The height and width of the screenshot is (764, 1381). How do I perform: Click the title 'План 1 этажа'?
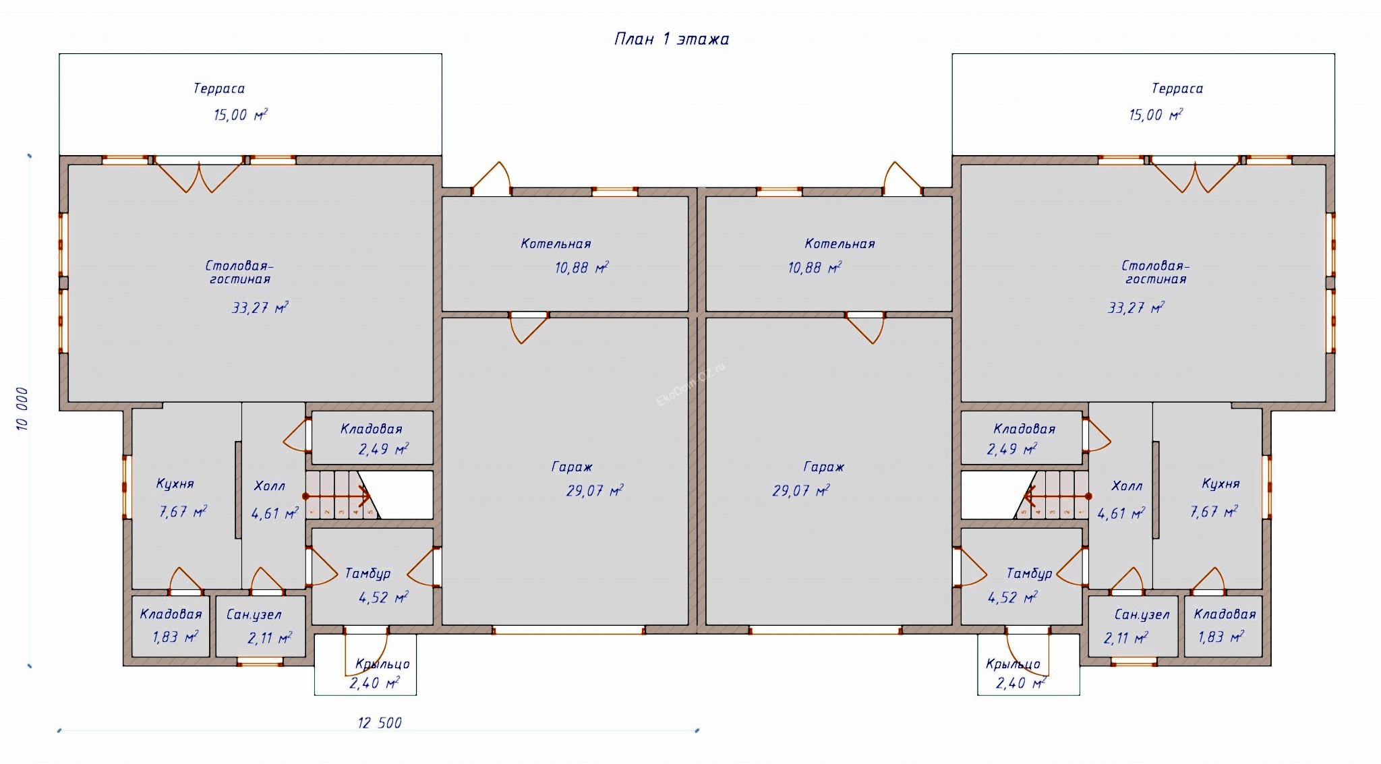coord(672,39)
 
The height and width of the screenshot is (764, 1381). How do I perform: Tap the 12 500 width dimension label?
coord(380,723)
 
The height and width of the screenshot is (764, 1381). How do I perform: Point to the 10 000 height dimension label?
coord(22,409)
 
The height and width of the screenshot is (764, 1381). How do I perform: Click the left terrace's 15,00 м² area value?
coord(240,115)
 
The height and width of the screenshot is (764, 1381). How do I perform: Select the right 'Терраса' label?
coord(1177,88)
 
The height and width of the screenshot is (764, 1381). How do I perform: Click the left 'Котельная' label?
coord(556,244)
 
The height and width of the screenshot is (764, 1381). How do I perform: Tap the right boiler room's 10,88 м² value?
coord(815,268)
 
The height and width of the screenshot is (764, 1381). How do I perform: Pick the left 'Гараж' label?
coord(572,467)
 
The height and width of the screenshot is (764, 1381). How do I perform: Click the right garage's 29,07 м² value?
coord(800,491)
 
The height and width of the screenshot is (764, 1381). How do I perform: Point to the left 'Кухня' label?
coord(175,483)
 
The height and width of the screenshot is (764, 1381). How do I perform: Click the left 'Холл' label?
coord(269,486)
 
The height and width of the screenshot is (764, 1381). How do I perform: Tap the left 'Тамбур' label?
coord(368,573)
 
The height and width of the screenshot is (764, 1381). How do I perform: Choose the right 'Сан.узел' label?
coord(1142,614)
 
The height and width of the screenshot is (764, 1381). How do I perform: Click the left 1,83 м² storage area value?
coord(175,637)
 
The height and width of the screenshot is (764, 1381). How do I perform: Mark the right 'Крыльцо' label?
coord(1013,664)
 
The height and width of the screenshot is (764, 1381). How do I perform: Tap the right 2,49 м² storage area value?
coord(1011,449)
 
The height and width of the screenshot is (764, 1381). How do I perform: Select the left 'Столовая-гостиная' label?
coord(239,272)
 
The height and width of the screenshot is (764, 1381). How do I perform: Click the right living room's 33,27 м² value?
coord(1136,308)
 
